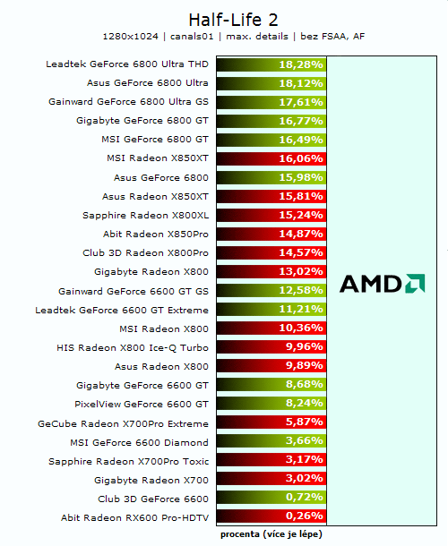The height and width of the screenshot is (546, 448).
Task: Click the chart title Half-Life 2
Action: (x=224, y=19)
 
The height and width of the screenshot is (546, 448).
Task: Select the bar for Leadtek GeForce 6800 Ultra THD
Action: (x=271, y=64)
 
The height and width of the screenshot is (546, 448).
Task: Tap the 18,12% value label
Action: (x=300, y=83)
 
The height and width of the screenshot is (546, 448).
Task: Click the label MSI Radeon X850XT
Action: (x=157, y=158)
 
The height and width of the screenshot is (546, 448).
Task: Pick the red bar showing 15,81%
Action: (x=271, y=196)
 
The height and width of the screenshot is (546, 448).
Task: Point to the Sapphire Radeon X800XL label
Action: (x=145, y=216)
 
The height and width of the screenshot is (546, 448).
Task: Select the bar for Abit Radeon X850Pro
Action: (x=271, y=235)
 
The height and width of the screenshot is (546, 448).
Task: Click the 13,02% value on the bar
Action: (x=300, y=272)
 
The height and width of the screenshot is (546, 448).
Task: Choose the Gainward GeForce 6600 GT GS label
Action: (x=134, y=291)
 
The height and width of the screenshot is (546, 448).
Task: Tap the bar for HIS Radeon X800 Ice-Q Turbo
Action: (x=271, y=347)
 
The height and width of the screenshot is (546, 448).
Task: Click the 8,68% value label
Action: (x=302, y=385)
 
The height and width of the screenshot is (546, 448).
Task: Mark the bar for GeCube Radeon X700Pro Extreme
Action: (x=271, y=423)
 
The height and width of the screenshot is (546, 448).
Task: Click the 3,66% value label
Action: (x=302, y=442)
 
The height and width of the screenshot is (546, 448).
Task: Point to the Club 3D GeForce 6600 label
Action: (x=153, y=499)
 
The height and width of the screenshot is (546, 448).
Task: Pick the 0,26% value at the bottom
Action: (x=302, y=517)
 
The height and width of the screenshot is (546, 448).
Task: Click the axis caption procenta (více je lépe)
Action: (x=271, y=534)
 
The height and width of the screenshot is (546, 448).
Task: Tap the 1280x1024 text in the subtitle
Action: (x=132, y=37)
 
